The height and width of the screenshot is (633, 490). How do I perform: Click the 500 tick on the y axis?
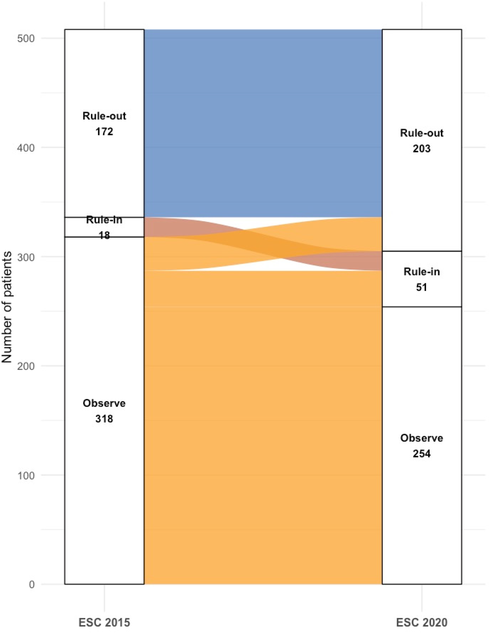coord(26,38)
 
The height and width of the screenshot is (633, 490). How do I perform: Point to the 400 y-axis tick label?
coord(26,148)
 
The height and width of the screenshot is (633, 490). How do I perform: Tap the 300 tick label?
coord(26,257)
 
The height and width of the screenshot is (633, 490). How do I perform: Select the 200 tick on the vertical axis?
coord(26,366)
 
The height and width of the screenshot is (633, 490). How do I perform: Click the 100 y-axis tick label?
coord(26,475)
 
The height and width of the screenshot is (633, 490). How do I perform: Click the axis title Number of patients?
coord(7,307)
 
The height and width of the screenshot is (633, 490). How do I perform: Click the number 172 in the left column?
coord(104,132)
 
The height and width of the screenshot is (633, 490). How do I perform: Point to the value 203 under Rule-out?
coord(422,149)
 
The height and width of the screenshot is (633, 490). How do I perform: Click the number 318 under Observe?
coord(104,419)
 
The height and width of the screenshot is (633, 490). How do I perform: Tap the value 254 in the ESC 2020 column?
coord(422,454)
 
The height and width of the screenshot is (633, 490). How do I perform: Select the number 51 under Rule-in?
coord(422,287)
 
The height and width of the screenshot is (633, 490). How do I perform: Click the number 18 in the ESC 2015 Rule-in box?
coord(104,235)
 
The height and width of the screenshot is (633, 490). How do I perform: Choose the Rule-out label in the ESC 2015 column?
coord(104,116)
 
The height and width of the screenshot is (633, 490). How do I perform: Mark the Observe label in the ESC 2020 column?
coord(422,438)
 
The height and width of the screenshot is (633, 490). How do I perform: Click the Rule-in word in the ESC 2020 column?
coord(422,272)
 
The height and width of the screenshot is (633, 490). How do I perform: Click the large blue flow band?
coord(263,123)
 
